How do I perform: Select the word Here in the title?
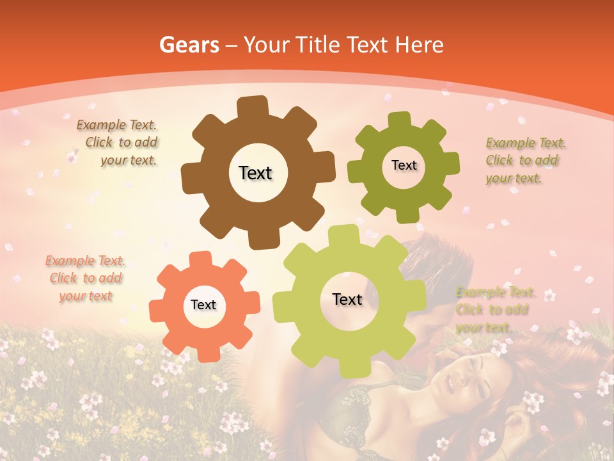pyautogui.click(x=420, y=45)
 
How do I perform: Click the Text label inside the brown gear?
pyautogui.click(x=256, y=173)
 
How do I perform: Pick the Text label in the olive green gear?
pyautogui.click(x=404, y=165)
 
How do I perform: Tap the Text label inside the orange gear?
pyautogui.click(x=203, y=305)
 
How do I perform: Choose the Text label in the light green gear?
pyautogui.click(x=347, y=299)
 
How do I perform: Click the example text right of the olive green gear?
pyautogui.click(x=526, y=160)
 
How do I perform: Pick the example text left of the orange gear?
pyautogui.click(x=86, y=278)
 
